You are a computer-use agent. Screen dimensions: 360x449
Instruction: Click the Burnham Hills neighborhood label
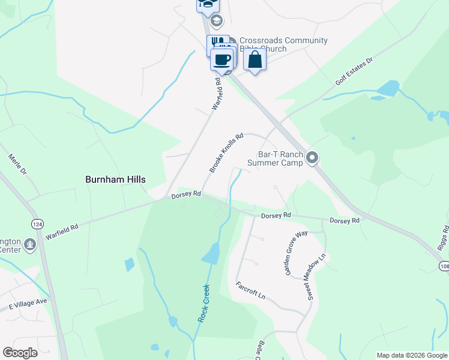(116, 179)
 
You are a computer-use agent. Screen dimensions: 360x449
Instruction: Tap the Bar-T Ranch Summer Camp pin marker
(312, 158)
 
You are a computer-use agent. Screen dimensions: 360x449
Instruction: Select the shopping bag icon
(255, 59)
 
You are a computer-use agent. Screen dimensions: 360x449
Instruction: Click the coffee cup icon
(222, 60)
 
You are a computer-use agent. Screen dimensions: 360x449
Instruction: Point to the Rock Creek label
(203, 303)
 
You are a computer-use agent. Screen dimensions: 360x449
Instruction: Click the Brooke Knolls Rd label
(226, 153)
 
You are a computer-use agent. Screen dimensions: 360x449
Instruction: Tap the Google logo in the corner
(20, 353)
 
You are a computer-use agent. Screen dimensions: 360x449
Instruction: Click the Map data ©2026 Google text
(412, 355)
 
